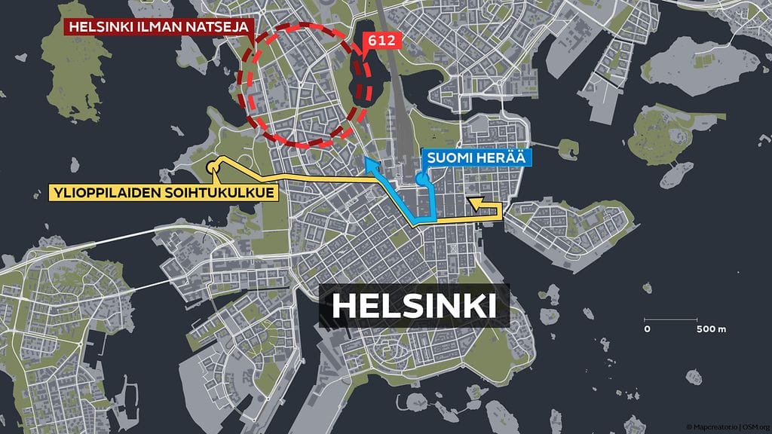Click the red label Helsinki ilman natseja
160,26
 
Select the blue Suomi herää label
476,158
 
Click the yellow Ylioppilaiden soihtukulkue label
162,193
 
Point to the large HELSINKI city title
414,306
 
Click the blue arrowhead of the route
369,164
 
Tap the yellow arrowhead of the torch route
474,202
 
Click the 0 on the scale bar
647,329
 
